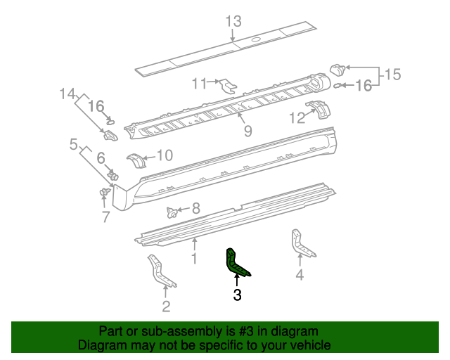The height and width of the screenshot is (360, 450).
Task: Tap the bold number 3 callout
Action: point(237,296)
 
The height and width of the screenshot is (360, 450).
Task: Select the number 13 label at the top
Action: point(233,20)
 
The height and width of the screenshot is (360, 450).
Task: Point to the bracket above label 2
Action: point(160,272)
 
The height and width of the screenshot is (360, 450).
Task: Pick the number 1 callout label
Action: point(194,258)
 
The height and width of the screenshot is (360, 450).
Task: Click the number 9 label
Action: point(247,131)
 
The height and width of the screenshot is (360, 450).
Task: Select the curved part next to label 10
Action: point(136,160)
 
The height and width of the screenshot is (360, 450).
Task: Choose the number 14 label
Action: point(67,93)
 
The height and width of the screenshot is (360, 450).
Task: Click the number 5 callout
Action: point(73,145)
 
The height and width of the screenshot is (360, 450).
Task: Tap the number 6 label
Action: point(101,158)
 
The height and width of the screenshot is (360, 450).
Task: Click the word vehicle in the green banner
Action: point(305,345)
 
